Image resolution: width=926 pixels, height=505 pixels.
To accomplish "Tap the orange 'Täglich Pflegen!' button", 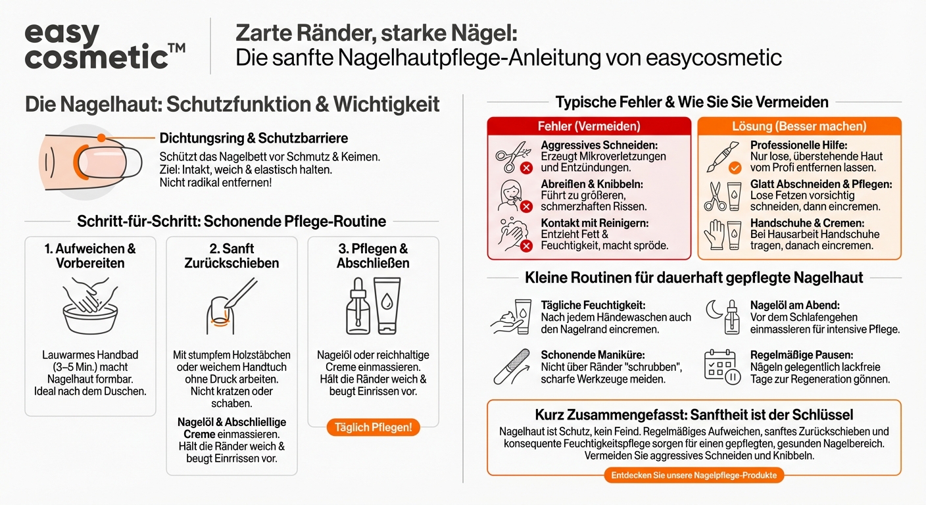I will [x=373, y=427].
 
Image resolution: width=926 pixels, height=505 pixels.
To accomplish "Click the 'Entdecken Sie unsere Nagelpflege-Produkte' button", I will [x=694, y=475].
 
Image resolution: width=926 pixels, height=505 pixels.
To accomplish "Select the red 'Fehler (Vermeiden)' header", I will [x=589, y=126].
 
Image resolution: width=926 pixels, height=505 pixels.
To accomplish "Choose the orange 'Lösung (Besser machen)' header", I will [x=799, y=126].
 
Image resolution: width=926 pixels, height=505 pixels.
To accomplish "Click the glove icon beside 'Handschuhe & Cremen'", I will [x=715, y=234].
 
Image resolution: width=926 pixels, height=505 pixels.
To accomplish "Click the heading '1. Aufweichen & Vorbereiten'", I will [x=90, y=256].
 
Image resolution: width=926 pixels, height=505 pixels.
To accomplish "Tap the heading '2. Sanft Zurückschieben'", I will [x=231, y=256].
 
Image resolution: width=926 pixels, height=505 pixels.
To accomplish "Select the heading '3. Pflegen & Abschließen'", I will [x=373, y=256].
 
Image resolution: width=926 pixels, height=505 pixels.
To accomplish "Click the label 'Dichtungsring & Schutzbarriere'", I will [x=254, y=138].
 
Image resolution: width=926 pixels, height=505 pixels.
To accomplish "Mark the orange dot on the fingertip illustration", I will [x=101, y=138].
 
